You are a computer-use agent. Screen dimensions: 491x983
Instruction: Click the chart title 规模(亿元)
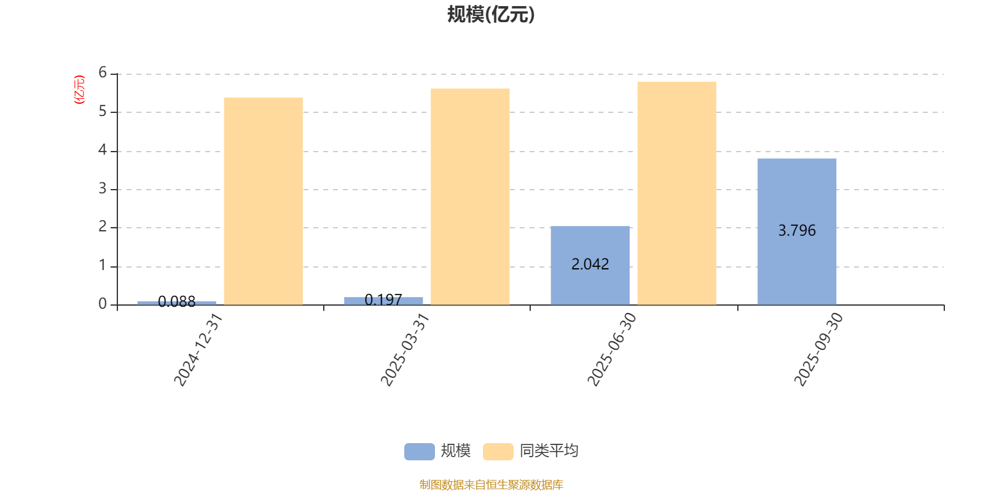[x=491, y=14]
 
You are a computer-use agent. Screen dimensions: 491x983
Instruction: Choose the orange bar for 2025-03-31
[x=470, y=196]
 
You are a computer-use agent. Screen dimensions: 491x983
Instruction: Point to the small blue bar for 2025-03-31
[x=383, y=301]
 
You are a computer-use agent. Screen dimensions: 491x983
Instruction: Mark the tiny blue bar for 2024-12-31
[x=176, y=303]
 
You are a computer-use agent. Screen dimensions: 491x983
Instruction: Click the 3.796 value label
[x=797, y=231]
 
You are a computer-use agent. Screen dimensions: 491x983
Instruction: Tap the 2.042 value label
[x=590, y=265]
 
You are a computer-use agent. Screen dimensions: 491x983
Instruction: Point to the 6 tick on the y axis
[x=103, y=73]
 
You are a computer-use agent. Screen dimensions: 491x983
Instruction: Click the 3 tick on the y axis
[x=103, y=189]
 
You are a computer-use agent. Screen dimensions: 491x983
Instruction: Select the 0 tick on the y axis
[x=103, y=304]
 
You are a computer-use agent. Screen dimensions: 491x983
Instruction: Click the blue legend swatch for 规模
[x=419, y=451]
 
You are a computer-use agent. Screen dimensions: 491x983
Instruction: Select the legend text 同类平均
[x=549, y=451]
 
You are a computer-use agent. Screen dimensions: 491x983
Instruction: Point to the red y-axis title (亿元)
[x=79, y=90]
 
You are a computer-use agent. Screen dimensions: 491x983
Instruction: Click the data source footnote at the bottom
[x=491, y=485]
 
